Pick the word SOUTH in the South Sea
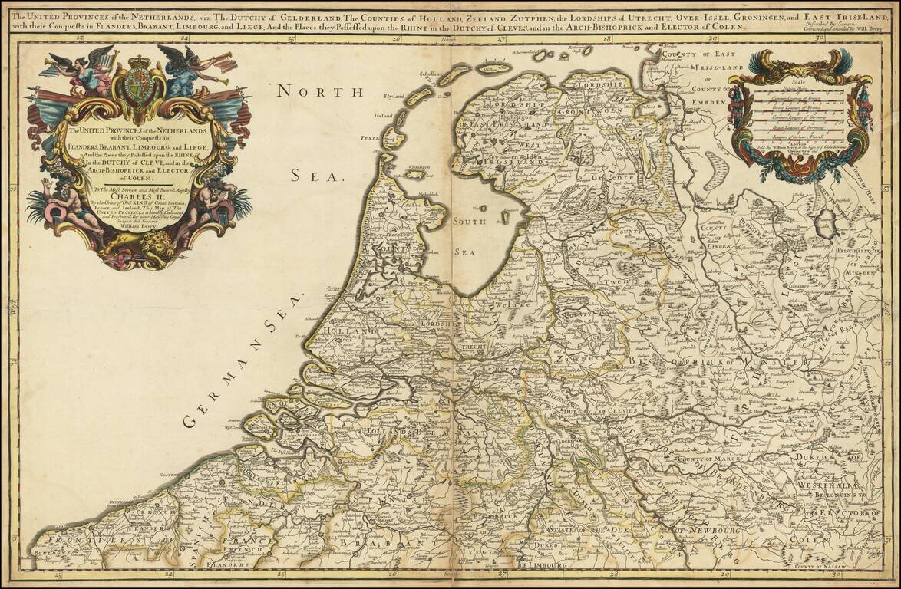(x=470, y=222)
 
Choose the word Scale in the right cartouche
(x=797, y=86)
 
